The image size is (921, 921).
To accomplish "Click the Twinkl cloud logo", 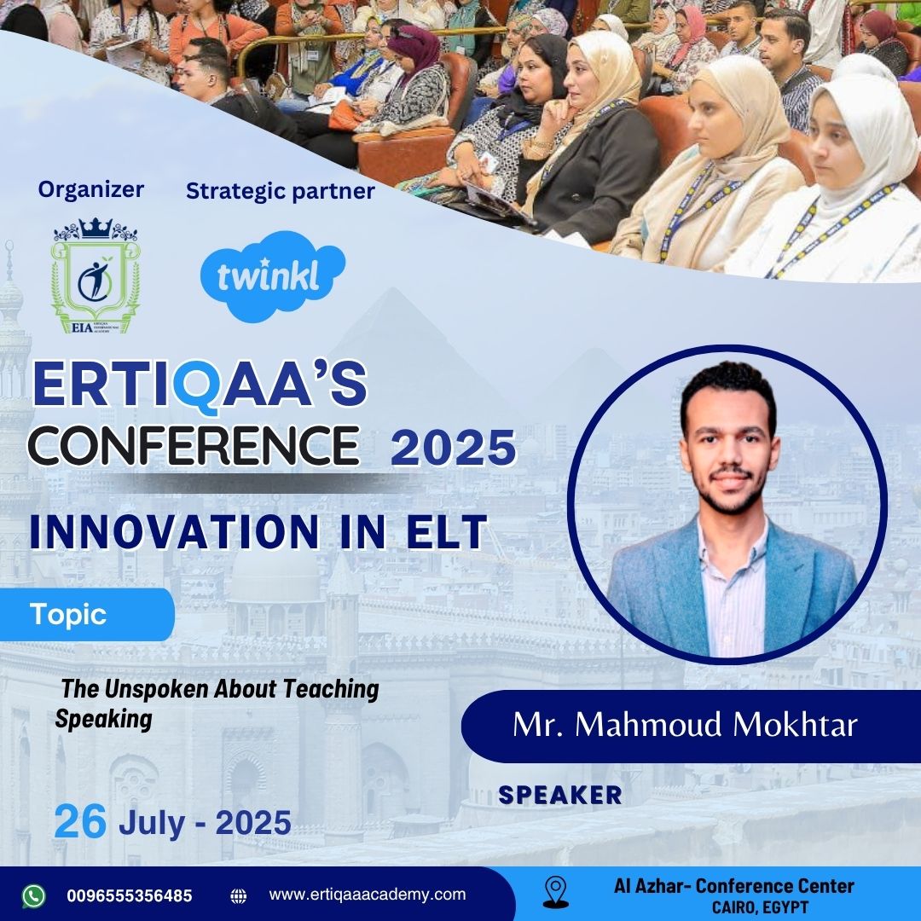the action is point(273,276).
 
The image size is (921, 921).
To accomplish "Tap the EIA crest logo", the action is point(96,275).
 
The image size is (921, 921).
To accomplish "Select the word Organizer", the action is point(91,189).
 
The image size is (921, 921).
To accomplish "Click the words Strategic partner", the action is point(281,191).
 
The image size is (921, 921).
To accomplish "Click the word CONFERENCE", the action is point(194,445).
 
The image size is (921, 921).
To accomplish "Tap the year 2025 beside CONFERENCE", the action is point(453,448).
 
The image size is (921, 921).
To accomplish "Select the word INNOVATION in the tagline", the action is point(175,531).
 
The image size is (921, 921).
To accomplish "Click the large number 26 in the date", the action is point(80,822).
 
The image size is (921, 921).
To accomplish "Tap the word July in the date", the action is point(152,823).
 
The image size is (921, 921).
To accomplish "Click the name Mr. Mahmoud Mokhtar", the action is point(685,725).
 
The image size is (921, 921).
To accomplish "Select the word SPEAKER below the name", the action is point(559,796).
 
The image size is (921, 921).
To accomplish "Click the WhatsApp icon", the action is point(33,895).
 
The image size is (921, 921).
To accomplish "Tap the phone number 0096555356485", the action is point(130,895).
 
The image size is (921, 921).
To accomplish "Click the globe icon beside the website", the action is point(239,895).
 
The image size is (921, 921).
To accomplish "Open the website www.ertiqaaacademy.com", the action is point(367,895).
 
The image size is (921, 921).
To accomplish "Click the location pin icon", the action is point(556,892).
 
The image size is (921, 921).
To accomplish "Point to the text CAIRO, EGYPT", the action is point(760,907).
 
